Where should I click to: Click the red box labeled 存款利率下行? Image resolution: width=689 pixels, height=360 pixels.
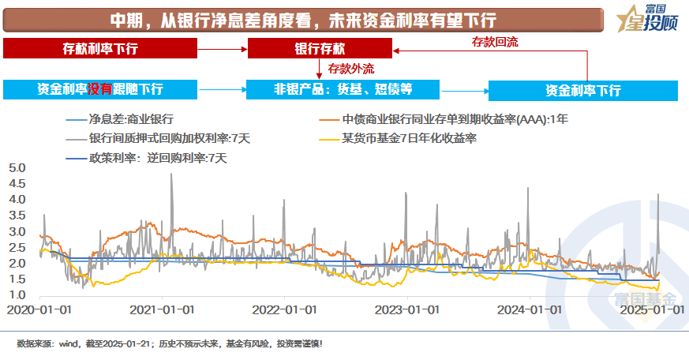[x=99, y=49]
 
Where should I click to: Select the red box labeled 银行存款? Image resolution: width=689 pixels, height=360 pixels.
[x=320, y=49]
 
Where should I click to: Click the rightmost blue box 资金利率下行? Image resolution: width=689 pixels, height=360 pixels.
[x=582, y=90]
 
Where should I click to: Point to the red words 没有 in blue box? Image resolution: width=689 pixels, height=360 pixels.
[x=99, y=89]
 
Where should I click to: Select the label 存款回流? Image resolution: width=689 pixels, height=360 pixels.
[x=494, y=39]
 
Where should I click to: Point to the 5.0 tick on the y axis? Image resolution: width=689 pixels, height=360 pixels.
[x=17, y=168]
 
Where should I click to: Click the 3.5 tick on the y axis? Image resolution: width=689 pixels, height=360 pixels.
[x=17, y=216]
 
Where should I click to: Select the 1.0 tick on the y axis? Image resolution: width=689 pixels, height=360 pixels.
[x=17, y=295]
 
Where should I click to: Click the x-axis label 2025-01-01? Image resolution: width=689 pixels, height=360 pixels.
[x=651, y=310]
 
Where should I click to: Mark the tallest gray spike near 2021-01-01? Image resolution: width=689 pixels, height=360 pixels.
[x=171, y=175]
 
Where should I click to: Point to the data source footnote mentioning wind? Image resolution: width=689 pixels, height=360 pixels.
[x=170, y=344]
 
